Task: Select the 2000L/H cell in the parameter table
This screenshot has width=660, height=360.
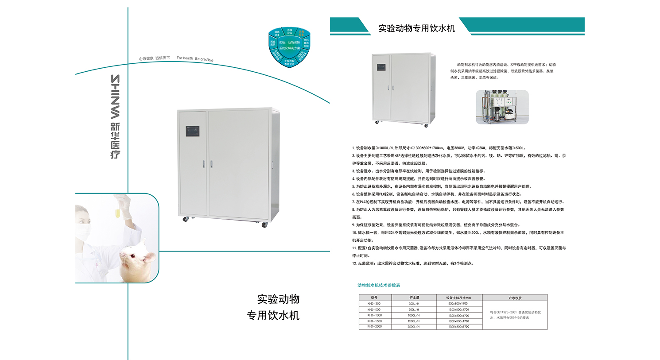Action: click(414, 327)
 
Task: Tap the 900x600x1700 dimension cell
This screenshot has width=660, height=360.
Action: click(458, 304)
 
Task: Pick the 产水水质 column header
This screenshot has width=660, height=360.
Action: click(515, 298)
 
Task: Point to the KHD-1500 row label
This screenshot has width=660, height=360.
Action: click(374, 321)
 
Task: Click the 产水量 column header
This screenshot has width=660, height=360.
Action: click(414, 298)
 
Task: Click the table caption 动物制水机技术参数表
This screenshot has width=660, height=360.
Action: click(379, 285)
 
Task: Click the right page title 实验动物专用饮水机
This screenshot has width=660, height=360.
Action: click(416, 28)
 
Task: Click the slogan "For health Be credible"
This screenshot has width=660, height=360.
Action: click(195, 58)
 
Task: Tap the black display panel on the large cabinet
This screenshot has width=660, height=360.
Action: click(192, 131)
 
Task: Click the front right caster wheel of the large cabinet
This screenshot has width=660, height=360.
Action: click(264, 225)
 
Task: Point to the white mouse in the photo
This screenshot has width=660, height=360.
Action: click(137, 261)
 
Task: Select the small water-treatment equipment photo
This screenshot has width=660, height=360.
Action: click(502, 107)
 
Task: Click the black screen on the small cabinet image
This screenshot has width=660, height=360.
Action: click(381, 68)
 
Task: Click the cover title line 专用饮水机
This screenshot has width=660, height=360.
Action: click(273, 315)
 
